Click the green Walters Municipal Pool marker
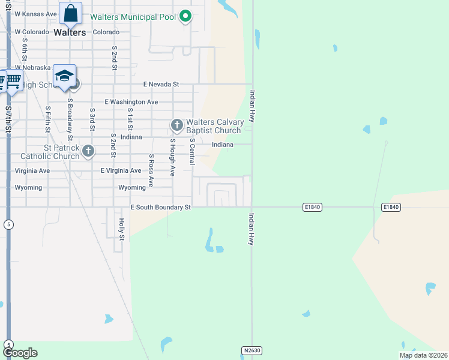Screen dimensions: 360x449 click(185, 17)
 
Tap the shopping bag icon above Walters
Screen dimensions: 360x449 click(70, 13)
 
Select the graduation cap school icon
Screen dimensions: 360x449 click(64, 76)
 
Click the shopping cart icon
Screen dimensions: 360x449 click(13, 80)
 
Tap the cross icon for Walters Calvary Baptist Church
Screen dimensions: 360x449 click(176, 125)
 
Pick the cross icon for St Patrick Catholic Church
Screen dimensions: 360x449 click(88, 151)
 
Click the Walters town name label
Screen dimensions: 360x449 click(70, 32)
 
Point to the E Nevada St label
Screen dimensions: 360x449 click(161, 85)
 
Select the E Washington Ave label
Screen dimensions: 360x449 click(131, 102)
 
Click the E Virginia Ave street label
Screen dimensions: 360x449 click(125, 170)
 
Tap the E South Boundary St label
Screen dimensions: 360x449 click(160, 208)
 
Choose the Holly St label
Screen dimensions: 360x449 click(121, 229)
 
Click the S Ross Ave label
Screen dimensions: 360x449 click(151, 170)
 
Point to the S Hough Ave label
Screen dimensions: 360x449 click(172, 157)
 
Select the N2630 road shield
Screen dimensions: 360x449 click(252, 350)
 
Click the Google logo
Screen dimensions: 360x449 click(20, 353)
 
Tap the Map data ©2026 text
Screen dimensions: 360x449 click(423, 355)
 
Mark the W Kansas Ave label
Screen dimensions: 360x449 click(36, 14)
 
